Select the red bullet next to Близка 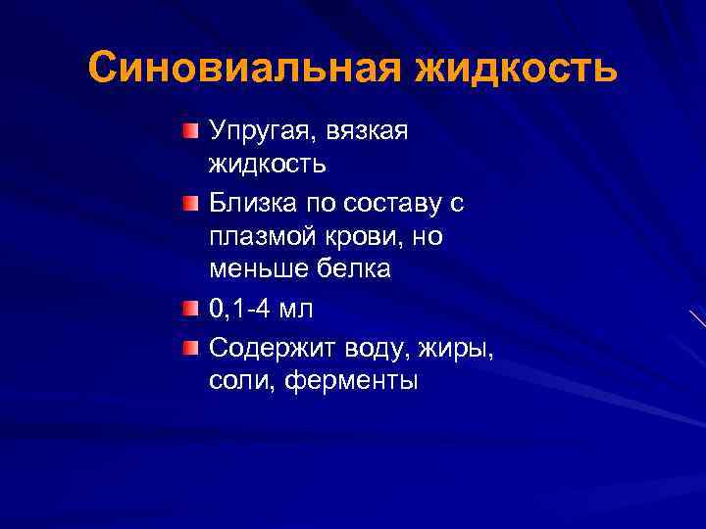point(189,204)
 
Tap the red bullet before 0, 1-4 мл point(189,309)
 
